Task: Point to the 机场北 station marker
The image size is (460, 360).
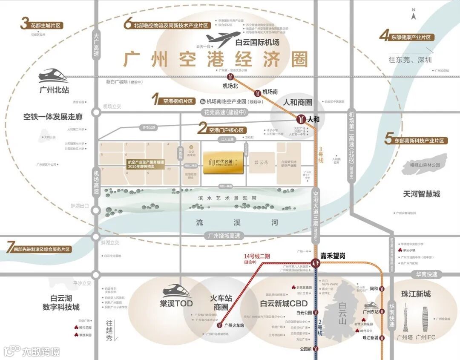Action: [230, 77]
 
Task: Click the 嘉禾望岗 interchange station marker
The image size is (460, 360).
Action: [316, 263]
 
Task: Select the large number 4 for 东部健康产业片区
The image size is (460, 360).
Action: [384, 35]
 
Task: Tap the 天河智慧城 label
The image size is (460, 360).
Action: [421, 194]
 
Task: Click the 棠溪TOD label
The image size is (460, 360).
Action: [176, 303]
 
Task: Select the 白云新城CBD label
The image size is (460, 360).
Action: [284, 303]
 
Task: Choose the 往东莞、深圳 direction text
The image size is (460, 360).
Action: [410, 60]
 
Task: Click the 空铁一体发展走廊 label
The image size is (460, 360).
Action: [53, 116]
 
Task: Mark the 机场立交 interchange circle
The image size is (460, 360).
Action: [97, 113]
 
